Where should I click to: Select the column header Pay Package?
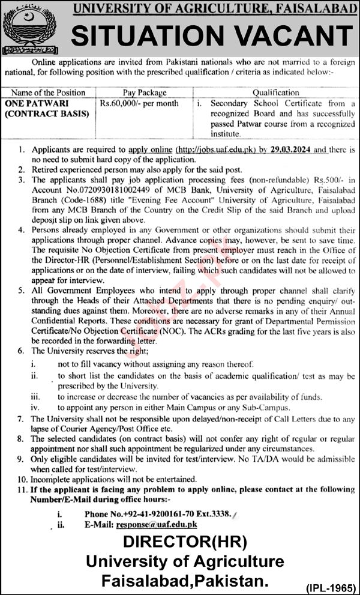click(145, 92)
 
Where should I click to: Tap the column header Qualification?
click(275, 92)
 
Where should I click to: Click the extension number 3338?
click(217, 515)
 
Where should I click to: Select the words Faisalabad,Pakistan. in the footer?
click(185, 581)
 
